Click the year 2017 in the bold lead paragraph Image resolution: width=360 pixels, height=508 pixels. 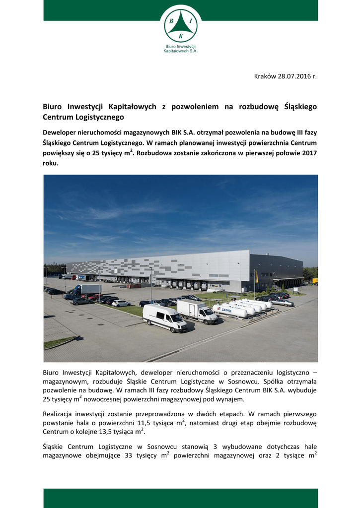pos(308,153)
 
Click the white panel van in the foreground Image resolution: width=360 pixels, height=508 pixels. pos(164,317)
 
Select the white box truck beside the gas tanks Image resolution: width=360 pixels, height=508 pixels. pos(197,311)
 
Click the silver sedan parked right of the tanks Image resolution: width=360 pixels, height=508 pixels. pos(282,302)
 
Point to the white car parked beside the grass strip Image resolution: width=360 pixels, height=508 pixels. pos(121,303)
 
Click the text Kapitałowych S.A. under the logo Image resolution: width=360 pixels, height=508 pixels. pos(180,51)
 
